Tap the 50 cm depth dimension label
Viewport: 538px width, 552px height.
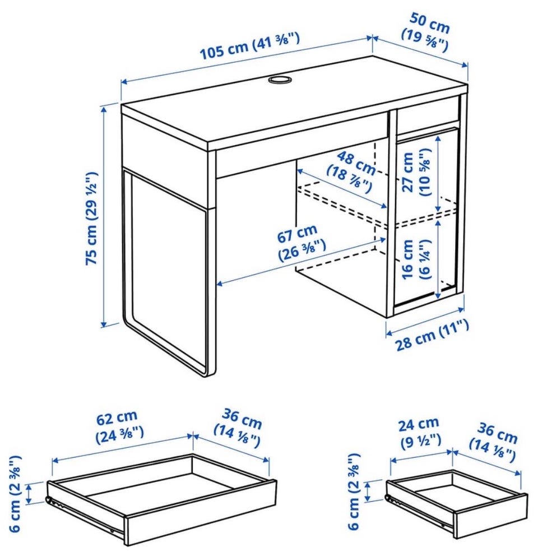pos(426,33)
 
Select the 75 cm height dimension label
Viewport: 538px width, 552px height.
pos(91,218)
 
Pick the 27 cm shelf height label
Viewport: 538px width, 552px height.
pos(416,172)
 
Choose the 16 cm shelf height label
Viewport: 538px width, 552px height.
pos(415,259)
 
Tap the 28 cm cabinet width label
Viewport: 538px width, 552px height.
pos(433,335)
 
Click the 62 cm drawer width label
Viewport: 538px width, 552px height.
pos(119,426)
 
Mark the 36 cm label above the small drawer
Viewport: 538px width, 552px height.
pos(493,442)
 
